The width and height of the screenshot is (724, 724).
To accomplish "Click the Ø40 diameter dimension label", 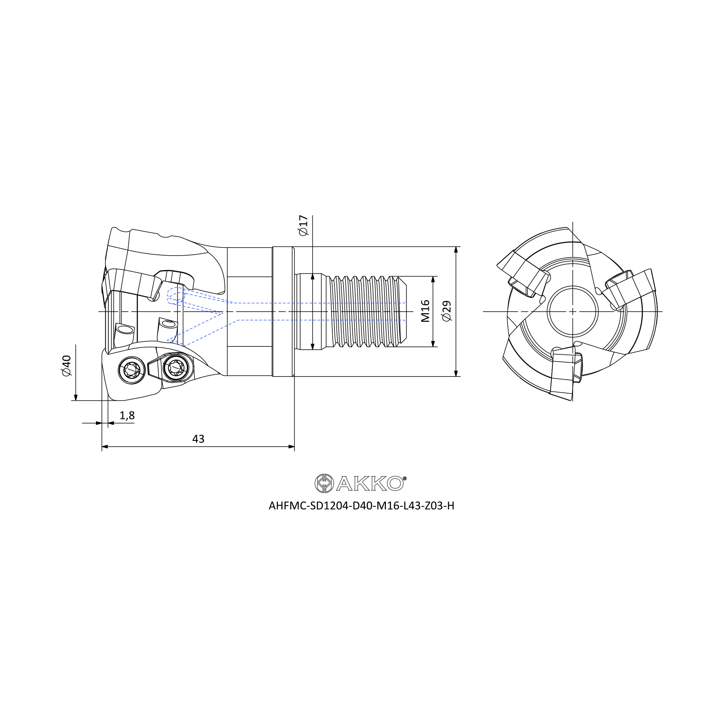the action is pos(67,366).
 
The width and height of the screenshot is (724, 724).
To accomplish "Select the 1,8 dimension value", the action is pos(127,415).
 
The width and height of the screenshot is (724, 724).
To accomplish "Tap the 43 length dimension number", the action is pos(198,439).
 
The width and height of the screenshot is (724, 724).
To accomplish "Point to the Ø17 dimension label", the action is pos(303,225).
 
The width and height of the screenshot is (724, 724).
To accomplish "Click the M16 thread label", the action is pos(425,311).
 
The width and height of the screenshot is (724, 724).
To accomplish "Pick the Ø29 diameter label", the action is pos(447,311).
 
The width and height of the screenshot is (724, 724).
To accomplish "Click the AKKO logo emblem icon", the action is pos(324,483).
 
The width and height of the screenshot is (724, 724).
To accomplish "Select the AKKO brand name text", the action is pos(370,483).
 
